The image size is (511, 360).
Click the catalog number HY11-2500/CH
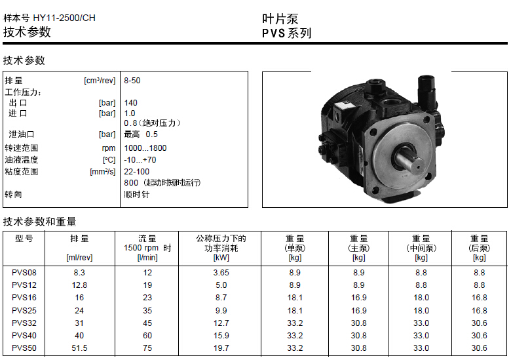64,18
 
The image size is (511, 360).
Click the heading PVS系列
287,33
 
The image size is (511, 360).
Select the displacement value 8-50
132,81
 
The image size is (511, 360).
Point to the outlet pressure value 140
130,103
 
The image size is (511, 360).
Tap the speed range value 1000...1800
145,148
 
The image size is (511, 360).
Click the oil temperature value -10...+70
140,160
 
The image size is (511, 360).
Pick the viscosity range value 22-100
136,172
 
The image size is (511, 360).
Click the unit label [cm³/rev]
100,81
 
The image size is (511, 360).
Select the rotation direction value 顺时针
136,195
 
